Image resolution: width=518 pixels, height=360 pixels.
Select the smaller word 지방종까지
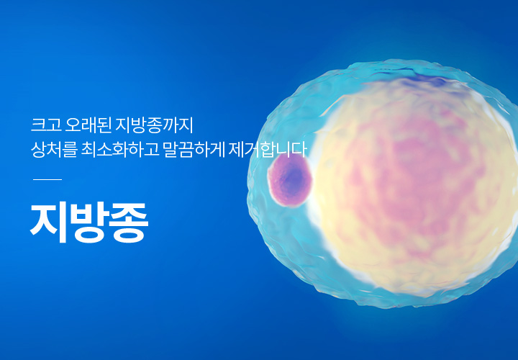(x=154, y=125)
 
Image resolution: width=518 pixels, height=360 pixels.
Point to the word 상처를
(x=54, y=150)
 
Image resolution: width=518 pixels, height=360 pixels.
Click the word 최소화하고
(x=120, y=150)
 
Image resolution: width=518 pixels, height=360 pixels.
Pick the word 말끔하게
(x=194, y=150)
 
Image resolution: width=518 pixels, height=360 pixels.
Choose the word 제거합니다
(x=268, y=150)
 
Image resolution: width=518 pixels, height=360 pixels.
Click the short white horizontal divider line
(x=47, y=179)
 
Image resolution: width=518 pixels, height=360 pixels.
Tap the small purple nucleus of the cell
(x=290, y=181)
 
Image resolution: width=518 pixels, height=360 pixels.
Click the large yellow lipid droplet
(x=413, y=185)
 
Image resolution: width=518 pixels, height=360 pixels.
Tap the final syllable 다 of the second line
(x=299, y=150)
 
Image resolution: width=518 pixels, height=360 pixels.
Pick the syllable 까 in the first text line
(x=168, y=125)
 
